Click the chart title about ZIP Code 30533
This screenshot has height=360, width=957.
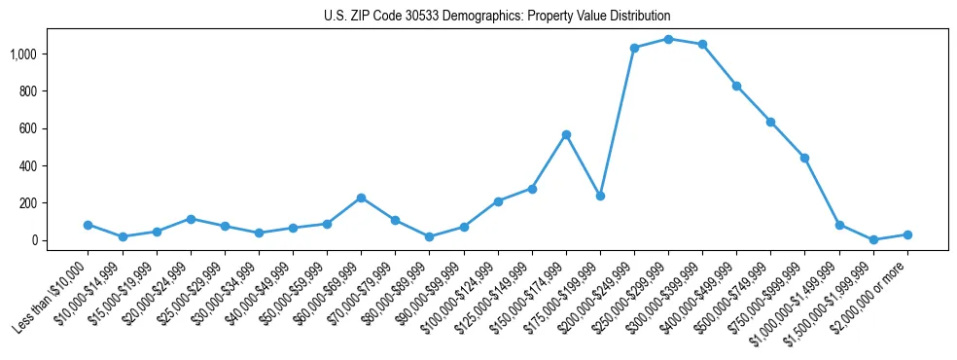point(497,17)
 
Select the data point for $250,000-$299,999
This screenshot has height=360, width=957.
point(668,39)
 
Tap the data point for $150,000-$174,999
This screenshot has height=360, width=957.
point(566,134)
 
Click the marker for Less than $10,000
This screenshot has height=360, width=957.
point(89,225)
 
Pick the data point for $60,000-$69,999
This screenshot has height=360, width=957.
point(361,198)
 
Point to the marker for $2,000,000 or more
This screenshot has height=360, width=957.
point(907,234)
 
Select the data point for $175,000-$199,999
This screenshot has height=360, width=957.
point(600,196)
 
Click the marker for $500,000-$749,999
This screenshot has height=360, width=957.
point(770,122)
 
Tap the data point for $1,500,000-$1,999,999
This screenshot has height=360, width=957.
point(873,239)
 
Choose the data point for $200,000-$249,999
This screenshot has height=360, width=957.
point(634,48)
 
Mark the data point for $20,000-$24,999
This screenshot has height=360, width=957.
point(191,219)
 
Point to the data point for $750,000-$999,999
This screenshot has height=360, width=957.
point(804,158)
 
